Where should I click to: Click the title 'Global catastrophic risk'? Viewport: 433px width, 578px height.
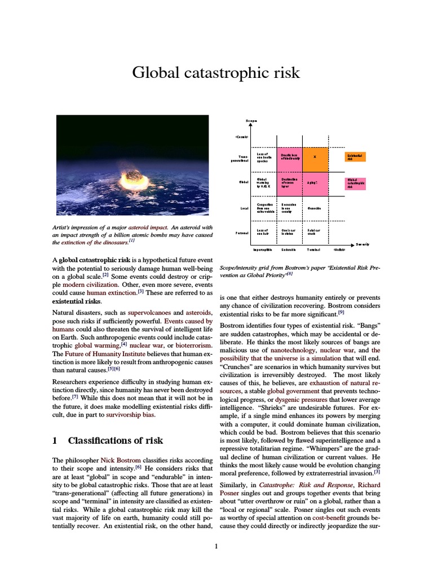click(216, 73)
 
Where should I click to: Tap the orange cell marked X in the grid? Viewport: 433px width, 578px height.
click(315, 157)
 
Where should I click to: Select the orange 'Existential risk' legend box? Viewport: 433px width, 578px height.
click(355, 157)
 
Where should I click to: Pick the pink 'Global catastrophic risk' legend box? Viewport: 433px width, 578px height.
click(355, 183)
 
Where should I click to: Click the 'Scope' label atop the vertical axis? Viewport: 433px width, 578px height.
click(250, 121)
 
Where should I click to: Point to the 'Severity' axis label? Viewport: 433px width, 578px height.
click(362, 244)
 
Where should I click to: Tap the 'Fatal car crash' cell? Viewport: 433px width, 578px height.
click(314, 232)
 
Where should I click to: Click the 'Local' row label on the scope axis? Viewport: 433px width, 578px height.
click(244, 208)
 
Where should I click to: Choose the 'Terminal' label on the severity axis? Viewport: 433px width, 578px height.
click(313, 249)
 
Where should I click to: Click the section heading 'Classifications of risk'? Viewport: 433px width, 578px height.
click(115, 440)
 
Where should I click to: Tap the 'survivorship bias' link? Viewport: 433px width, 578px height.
click(130, 414)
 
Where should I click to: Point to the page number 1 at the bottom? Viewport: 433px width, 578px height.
click(216, 545)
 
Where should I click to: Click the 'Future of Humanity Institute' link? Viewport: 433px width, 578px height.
click(105, 355)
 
